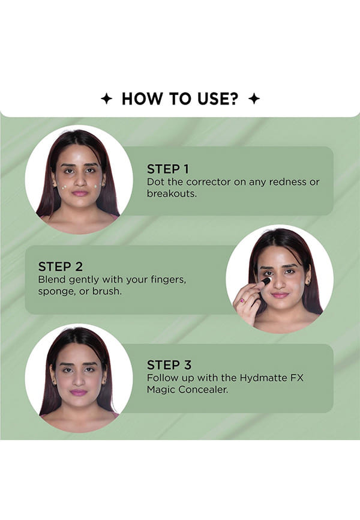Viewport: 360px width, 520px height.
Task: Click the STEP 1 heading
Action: [168, 169]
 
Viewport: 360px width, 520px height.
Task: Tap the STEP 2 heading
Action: [61, 267]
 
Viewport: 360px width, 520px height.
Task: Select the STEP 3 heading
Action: [169, 365]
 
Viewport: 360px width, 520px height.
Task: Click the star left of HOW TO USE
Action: [106, 99]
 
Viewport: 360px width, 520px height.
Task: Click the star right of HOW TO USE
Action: [254, 99]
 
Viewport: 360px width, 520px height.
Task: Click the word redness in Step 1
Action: [287, 182]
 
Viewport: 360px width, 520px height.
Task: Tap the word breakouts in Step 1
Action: [172, 193]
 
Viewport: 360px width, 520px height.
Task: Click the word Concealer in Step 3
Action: [203, 389]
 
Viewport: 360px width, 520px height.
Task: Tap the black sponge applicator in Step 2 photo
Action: [266, 281]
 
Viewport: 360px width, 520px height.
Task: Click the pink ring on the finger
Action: [242, 300]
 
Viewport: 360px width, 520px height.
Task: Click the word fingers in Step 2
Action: [168, 280]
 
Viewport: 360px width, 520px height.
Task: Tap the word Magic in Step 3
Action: [161, 390]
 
